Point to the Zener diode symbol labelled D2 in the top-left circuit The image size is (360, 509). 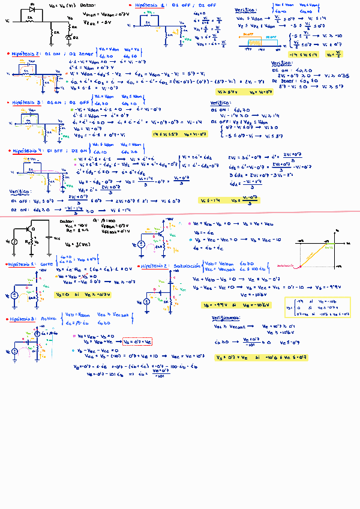(x=68, y=37)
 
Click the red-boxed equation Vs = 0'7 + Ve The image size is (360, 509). (x=138, y=342)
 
